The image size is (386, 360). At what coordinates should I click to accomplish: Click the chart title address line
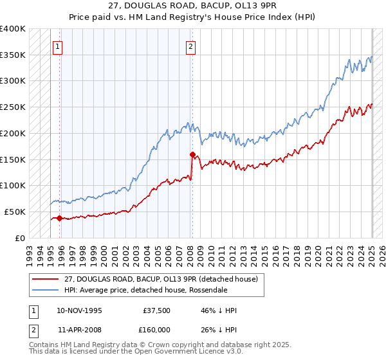click(193, 6)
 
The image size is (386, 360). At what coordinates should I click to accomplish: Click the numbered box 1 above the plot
click(58, 46)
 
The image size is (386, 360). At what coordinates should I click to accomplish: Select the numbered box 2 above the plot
click(192, 46)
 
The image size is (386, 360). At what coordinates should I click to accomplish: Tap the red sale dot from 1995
click(59, 218)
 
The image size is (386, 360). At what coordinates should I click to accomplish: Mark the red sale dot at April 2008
click(192, 154)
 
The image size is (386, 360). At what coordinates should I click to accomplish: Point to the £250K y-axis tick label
click(13, 107)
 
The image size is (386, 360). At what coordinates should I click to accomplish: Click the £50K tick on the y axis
click(15, 212)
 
